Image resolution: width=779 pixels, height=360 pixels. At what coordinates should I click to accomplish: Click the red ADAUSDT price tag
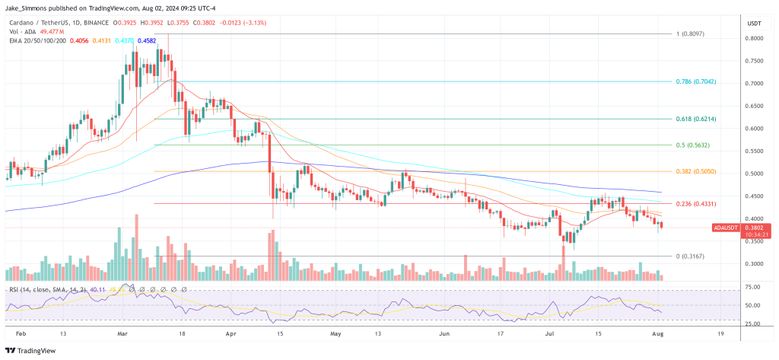click(x=726, y=228)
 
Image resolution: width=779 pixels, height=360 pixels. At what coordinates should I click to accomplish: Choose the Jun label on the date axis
click(x=444, y=334)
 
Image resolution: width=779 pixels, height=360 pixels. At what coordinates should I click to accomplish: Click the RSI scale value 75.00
click(x=753, y=287)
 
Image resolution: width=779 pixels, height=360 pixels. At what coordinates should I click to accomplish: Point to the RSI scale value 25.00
click(x=753, y=323)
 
